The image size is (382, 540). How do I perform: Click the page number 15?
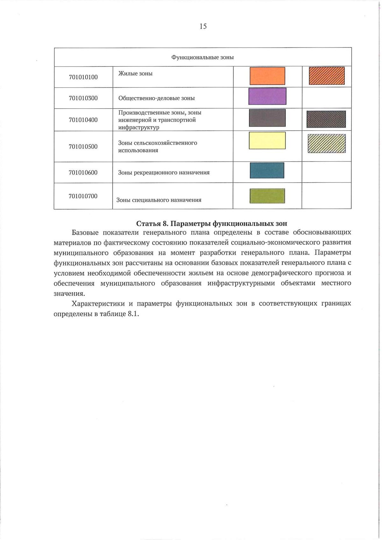point(203,26)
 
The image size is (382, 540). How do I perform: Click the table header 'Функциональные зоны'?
point(202,57)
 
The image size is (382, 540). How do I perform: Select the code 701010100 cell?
point(83,77)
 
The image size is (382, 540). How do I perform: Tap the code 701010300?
point(83,98)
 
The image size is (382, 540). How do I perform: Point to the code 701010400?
point(83,120)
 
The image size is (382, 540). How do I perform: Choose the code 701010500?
point(83,147)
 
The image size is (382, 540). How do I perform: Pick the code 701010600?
point(83,173)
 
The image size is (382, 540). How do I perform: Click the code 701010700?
point(83,196)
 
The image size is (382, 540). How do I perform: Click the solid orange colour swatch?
point(267,76)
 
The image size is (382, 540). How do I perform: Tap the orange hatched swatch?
point(327,76)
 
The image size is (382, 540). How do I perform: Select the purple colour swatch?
point(267,96)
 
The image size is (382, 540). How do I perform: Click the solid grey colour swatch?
point(267,118)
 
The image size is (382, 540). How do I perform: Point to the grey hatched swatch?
point(326,119)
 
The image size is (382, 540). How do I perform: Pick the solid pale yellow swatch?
point(267,140)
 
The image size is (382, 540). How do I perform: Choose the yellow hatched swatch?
point(327,144)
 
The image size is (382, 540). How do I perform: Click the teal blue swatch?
point(267,170)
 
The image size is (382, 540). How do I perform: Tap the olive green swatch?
point(267,196)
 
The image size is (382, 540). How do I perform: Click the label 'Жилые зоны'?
point(135,74)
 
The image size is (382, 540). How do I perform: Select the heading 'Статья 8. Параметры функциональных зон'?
point(211,223)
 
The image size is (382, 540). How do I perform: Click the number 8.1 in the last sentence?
point(133,313)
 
